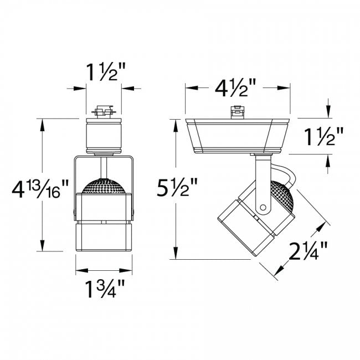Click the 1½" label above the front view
coord(104,72)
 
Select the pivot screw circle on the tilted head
coord(262,208)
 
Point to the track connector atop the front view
coord(104,112)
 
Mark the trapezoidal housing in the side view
coord(237,136)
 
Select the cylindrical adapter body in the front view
coord(104,136)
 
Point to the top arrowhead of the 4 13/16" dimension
coord(43,123)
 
